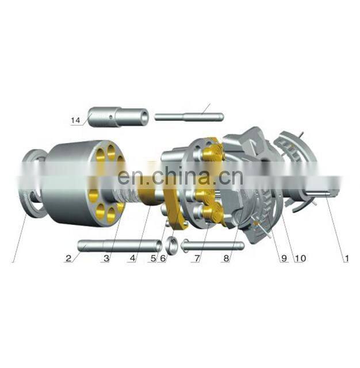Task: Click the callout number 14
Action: [x=75, y=120]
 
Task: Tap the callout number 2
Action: [x=68, y=259]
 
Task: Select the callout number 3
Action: [x=105, y=259]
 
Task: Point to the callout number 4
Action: [x=132, y=259]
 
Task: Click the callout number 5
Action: [x=153, y=259]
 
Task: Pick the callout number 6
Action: [x=163, y=259]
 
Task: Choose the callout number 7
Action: [x=197, y=259]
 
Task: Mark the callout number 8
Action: [x=227, y=259]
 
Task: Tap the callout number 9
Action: [x=284, y=259]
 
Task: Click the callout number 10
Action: [x=300, y=259]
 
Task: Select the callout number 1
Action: [x=346, y=259]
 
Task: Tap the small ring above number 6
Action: [x=171, y=244]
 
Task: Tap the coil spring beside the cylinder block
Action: [x=130, y=193]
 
